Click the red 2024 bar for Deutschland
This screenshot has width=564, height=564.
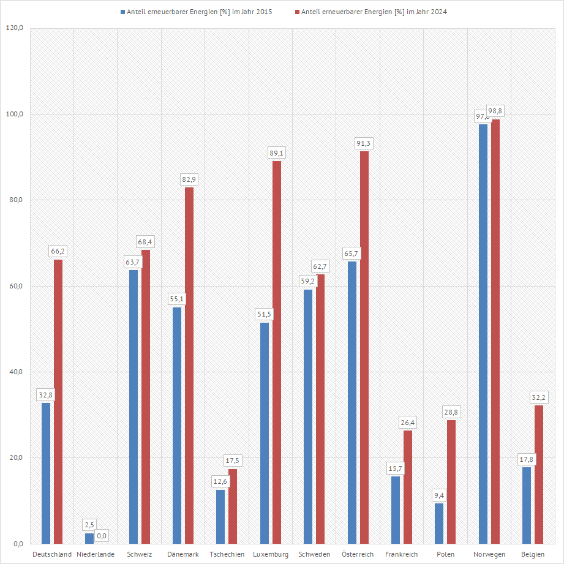pos(58,401)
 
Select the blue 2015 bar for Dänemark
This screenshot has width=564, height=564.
pos(177,425)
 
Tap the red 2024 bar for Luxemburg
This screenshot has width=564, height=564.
pos(277,352)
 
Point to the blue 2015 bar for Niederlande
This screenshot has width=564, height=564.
pos(89,538)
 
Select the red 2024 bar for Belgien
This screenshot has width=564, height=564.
pos(539,474)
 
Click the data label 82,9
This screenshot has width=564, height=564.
pos(189,179)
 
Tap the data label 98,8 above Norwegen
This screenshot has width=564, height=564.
pos(495,111)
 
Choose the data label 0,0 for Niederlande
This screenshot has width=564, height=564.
pos(102,536)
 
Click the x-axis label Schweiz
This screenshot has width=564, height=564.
pos(140,554)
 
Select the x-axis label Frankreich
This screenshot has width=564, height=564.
pos(402,554)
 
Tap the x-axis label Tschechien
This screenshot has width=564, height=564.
pos(227,554)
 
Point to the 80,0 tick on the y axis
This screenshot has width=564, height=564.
pos(13,200)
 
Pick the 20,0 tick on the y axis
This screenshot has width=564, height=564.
pos(13,458)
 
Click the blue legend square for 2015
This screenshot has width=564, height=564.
pos(123,12)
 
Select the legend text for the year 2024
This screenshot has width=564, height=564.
pos(374,12)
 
